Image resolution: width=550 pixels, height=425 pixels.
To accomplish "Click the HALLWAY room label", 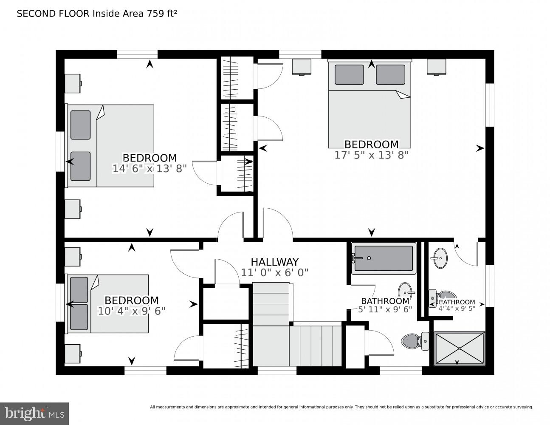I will pyautogui.click(x=274, y=262).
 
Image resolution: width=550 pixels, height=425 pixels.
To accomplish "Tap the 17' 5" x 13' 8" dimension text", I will pyautogui.click(x=371, y=155).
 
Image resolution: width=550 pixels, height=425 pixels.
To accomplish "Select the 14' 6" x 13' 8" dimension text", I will pyautogui.click(x=149, y=169).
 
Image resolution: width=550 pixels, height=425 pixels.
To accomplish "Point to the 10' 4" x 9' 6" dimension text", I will pyautogui.click(x=131, y=311).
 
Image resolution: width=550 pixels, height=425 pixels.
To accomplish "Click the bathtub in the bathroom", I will pyautogui.click(x=383, y=258).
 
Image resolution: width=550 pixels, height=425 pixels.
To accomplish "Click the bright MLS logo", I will pyautogui.click(x=34, y=413).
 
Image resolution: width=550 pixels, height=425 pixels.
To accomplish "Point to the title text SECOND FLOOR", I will pyautogui.click(x=53, y=14).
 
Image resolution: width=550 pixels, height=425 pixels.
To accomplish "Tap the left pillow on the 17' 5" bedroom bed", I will pyautogui.click(x=349, y=74).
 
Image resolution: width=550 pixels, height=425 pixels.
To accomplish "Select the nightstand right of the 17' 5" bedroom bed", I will pyautogui.click(x=436, y=66).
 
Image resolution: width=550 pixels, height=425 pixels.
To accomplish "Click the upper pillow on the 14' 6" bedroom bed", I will pyautogui.click(x=80, y=125).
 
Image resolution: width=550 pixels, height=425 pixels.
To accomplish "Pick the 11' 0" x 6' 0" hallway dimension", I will pyautogui.click(x=274, y=272).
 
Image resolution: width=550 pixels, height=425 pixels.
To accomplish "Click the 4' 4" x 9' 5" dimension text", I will pyautogui.click(x=457, y=309).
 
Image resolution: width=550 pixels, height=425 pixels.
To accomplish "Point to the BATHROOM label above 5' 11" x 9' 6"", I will pyautogui.click(x=385, y=301).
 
